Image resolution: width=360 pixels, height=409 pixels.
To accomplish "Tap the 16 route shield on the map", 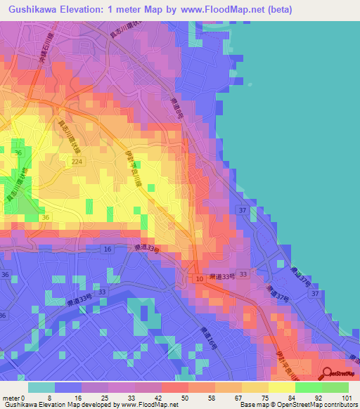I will pos(108,249).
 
